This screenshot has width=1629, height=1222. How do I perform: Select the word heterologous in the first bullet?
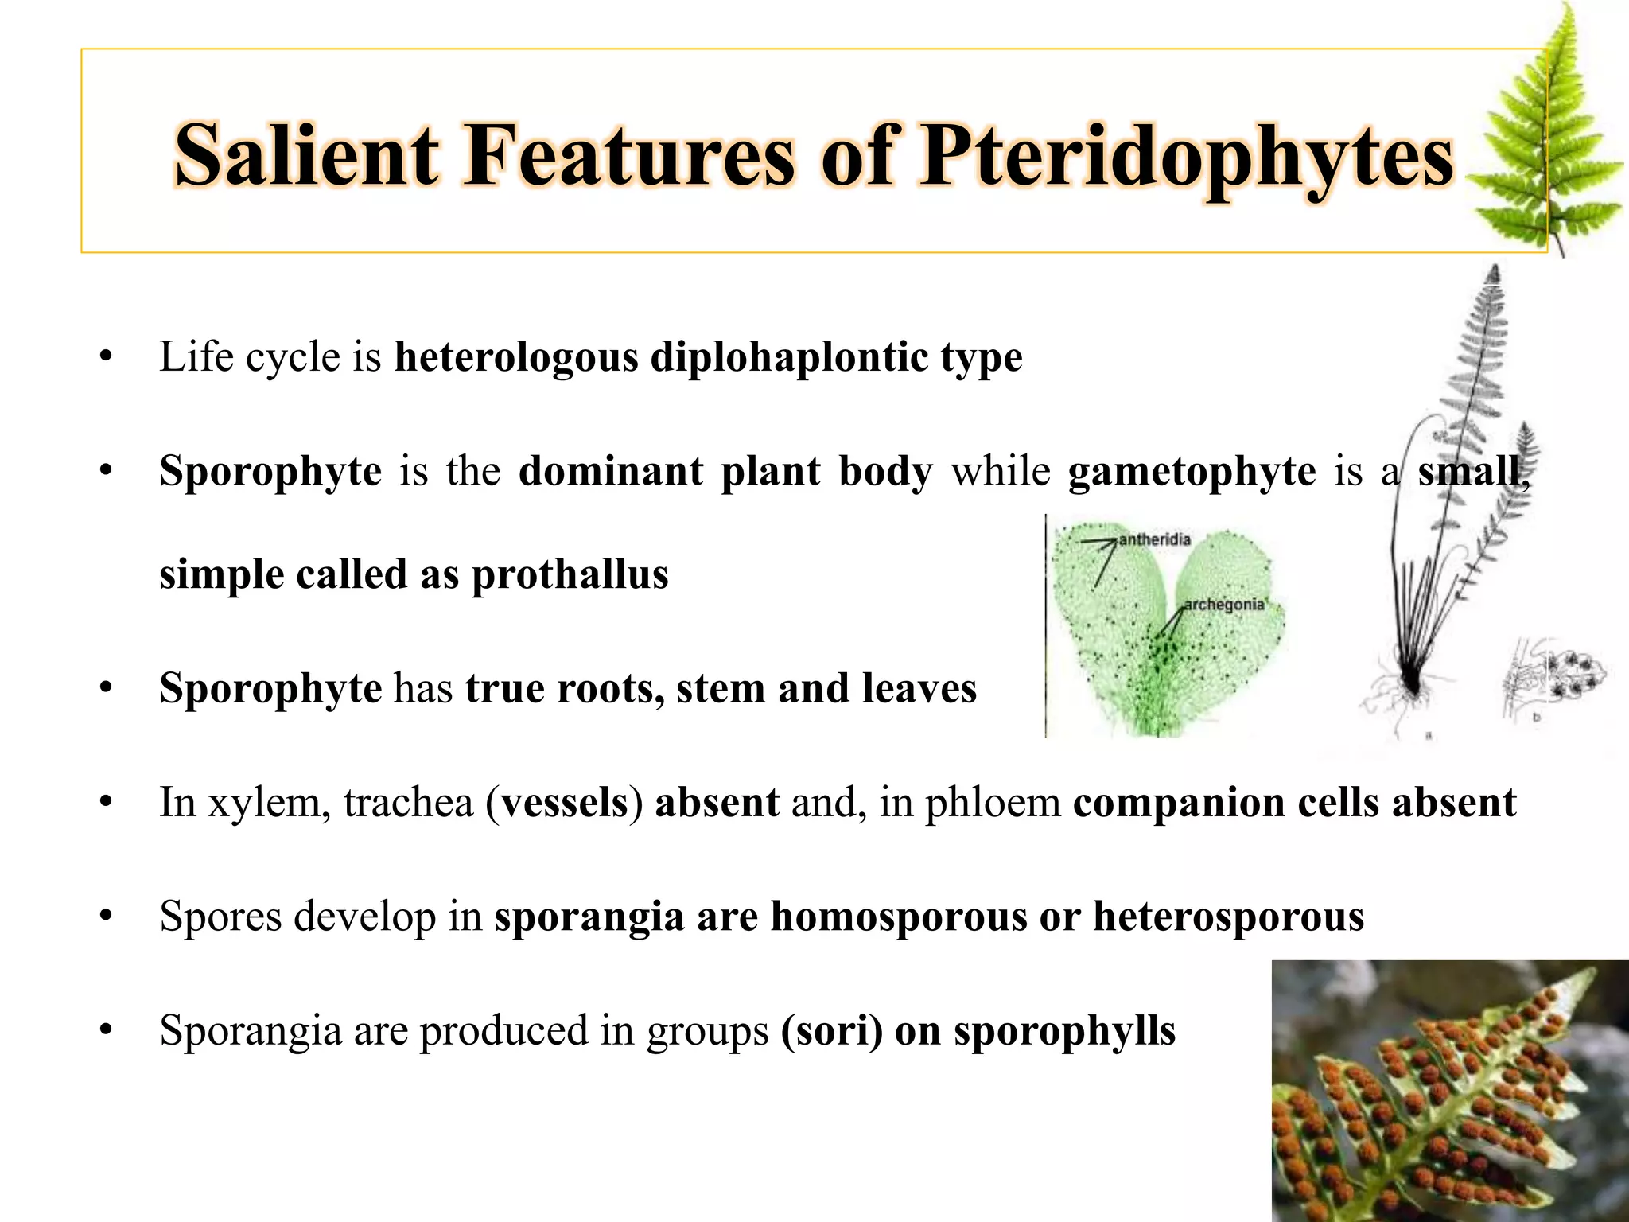[x=516, y=357]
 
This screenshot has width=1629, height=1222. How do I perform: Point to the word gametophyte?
[x=1192, y=471]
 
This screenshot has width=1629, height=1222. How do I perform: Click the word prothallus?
[x=570, y=574]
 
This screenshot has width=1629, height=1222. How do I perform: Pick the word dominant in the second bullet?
[x=611, y=471]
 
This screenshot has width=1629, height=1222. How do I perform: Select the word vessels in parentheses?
[x=565, y=803]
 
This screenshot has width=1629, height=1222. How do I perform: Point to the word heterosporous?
[x=1228, y=916]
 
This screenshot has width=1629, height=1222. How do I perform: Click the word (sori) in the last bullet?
[x=832, y=1031]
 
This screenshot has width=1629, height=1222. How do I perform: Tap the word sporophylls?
[x=1064, y=1032]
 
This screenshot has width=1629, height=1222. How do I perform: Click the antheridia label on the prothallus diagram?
[x=1155, y=540]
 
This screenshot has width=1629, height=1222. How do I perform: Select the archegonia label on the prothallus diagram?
[x=1223, y=605]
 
